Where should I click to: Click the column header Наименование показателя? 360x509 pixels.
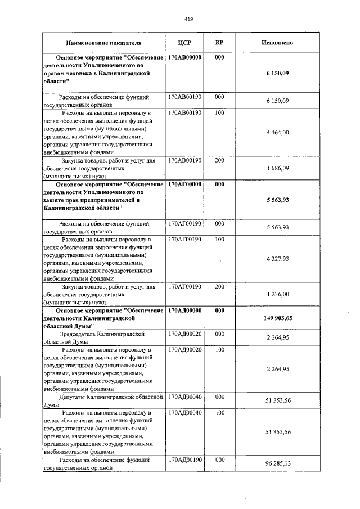(x=103, y=43)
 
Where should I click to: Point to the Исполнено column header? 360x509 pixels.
(x=277, y=43)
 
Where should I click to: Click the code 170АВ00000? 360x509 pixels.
(x=184, y=57)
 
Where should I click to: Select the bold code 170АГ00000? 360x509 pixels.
(x=184, y=184)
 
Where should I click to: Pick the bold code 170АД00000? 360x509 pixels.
(x=184, y=310)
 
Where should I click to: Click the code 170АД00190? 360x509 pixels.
(x=184, y=460)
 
